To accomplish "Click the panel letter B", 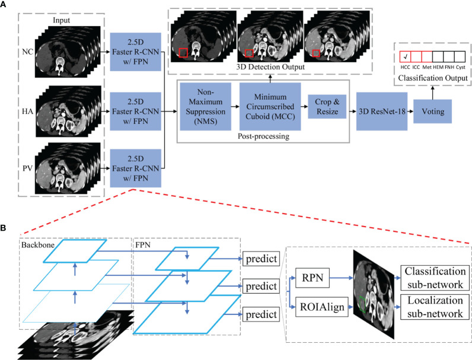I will click(x=5, y=228).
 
